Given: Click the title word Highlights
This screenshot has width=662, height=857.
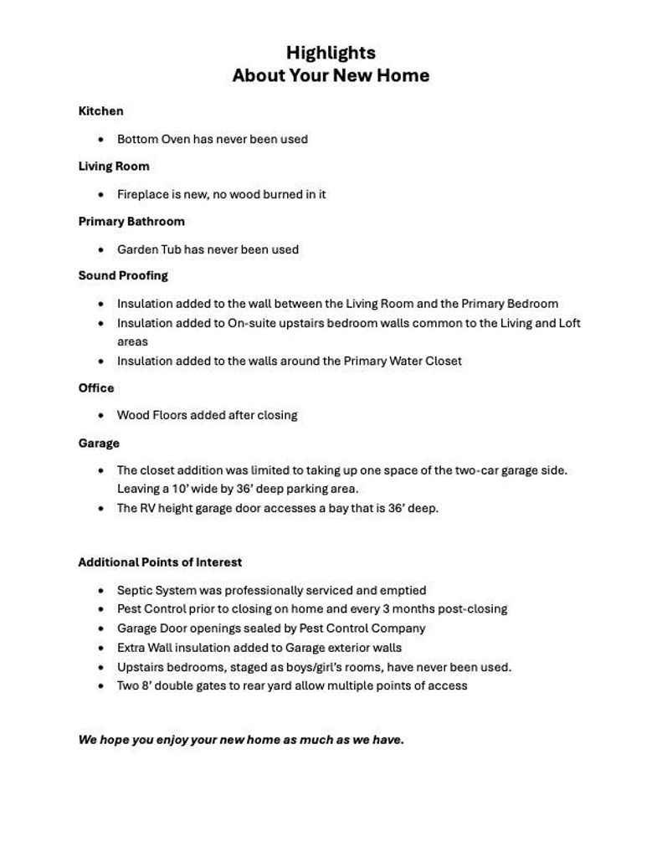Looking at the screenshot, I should [x=331, y=53].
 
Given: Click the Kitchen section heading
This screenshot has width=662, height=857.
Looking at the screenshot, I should [x=100, y=111].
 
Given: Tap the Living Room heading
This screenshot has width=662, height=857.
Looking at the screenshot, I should [x=114, y=167].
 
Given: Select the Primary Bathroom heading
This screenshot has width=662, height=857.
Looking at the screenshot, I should [x=131, y=222].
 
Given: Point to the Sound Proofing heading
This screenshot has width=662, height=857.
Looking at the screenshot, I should [x=123, y=275].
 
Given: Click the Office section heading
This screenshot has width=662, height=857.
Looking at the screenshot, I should [x=96, y=388].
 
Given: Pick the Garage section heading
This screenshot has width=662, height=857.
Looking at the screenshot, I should [x=99, y=444].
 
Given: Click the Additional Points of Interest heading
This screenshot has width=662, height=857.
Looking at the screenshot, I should [x=160, y=562].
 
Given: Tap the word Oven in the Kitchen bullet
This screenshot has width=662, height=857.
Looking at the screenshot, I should [x=176, y=140].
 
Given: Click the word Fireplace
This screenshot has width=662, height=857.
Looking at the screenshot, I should [x=142, y=195].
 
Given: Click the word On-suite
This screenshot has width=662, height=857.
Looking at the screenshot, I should [x=253, y=323].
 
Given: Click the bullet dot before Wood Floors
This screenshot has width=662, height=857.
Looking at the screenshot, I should [x=101, y=416].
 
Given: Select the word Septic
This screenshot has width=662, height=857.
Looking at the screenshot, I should [x=136, y=591].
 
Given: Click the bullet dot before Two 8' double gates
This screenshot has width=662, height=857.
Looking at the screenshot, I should [x=101, y=686].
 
